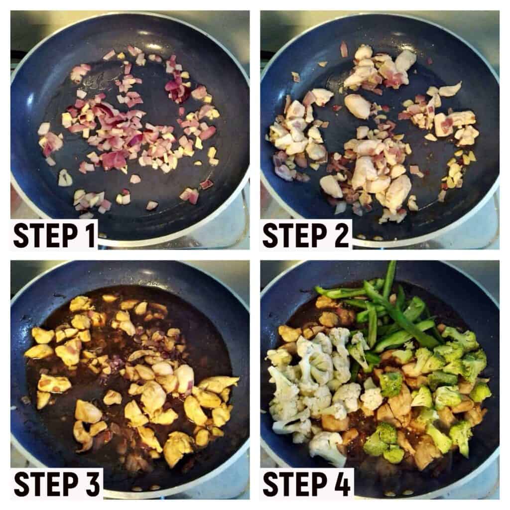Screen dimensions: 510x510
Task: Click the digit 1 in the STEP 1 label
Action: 89,236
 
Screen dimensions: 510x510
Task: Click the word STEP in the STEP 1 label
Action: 45,236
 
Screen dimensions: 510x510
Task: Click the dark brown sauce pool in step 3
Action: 202,342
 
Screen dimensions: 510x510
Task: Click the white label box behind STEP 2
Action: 306,235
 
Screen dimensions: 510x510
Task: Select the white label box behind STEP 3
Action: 57,484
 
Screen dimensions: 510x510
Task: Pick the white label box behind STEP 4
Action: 307,484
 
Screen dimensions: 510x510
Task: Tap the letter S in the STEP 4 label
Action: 270,484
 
